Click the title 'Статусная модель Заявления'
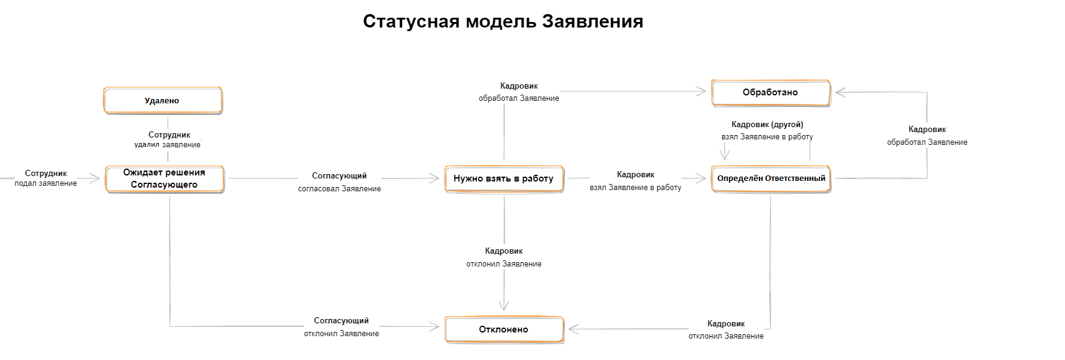pyautogui.click(x=502, y=21)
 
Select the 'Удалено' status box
pyautogui.click(x=163, y=101)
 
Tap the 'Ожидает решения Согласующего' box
pyautogui.click(x=164, y=179)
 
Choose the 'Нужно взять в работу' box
pyautogui.click(x=503, y=179)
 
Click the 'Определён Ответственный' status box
pyautogui.click(x=770, y=179)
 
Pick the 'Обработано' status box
pyautogui.click(x=770, y=93)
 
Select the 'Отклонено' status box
pyautogui.click(x=503, y=329)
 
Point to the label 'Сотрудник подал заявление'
pyautogui.click(x=46, y=178)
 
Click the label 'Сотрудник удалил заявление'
pyautogui.click(x=168, y=140)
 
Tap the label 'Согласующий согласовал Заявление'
pyautogui.click(x=339, y=182)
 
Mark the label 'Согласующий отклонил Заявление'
pyautogui.click(x=342, y=327)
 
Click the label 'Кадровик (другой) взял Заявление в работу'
pyautogui.click(x=767, y=131)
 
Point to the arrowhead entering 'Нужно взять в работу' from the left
pyautogui.click(x=435, y=178)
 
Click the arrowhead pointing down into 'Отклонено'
pyautogui.click(x=503, y=306)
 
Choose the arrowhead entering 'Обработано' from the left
pyautogui.click(x=701, y=92)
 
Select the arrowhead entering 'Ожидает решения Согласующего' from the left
pyautogui.click(x=95, y=178)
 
